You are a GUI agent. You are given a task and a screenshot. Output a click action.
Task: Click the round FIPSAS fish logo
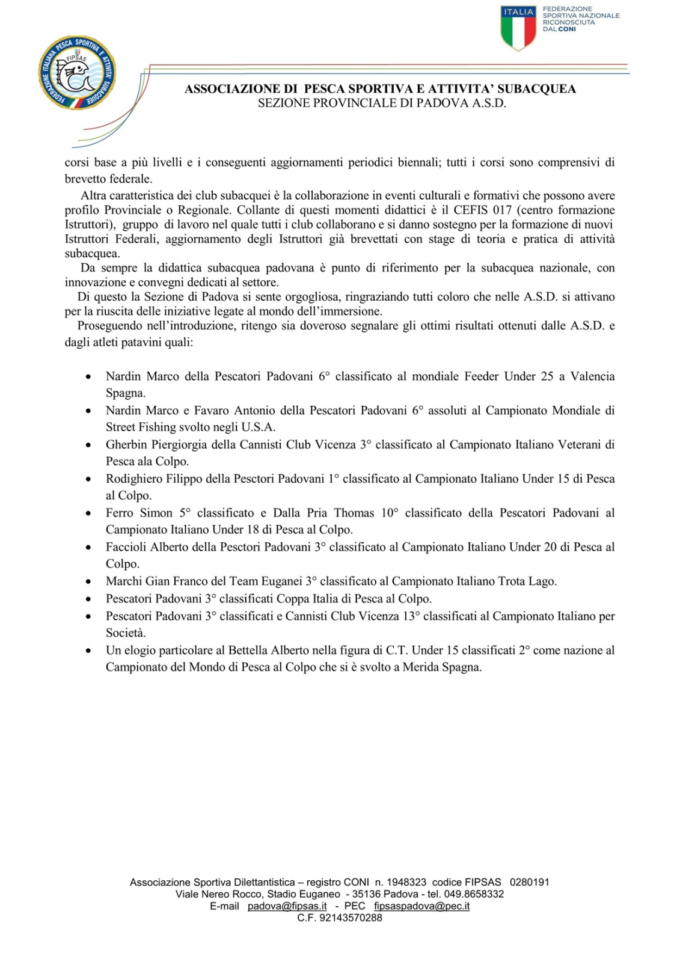pos(78,73)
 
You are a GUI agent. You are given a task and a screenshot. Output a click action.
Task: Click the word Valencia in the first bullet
pos(592,376)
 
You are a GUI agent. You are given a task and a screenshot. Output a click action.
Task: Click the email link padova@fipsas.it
pos(287,906)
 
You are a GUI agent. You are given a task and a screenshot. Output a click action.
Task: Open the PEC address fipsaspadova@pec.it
pos(421,906)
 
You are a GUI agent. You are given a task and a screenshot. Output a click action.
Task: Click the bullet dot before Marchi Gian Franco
pos(88,582)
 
